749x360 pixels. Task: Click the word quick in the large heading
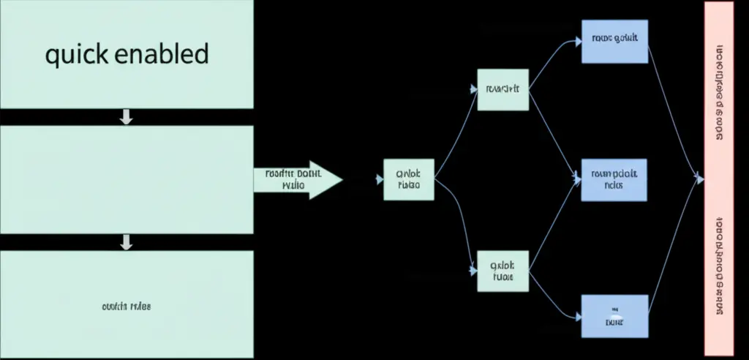[76, 56]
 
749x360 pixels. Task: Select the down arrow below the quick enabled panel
[126, 116]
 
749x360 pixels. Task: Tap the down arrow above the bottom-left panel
[126, 242]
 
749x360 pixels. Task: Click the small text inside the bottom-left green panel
[126, 306]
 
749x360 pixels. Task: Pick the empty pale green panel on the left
[126, 179]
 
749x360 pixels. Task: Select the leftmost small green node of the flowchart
[408, 180]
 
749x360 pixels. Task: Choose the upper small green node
[503, 90]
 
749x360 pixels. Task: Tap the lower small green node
[503, 271]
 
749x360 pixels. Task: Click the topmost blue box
[614, 41]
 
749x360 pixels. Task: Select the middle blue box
[614, 179]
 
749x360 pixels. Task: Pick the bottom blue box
[614, 316]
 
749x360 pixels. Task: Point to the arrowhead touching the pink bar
[700, 177]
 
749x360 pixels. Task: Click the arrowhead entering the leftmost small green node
[379, 180]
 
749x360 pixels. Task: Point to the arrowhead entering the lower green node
[473, 271]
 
